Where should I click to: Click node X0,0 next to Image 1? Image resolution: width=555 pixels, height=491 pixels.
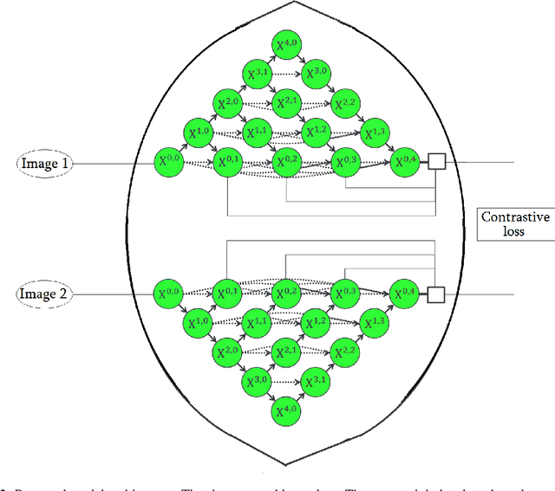[170, 162]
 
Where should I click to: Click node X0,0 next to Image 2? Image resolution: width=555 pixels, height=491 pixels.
[170, 294]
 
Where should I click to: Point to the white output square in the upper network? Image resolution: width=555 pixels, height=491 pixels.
[436, 162]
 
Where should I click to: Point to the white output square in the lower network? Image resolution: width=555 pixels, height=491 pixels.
[436, 294]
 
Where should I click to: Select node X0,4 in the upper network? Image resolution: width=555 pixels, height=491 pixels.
[405, 162]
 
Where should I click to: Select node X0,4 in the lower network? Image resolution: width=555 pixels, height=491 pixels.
[405, 294]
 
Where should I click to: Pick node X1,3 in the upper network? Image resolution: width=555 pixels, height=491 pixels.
[376, 133]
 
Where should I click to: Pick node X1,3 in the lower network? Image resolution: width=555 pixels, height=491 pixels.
[376, 323]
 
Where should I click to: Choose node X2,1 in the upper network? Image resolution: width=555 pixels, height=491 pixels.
[285, 105]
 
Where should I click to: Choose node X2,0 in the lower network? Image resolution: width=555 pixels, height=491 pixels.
[228, 352]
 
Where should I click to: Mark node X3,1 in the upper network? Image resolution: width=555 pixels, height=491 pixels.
[258, 76]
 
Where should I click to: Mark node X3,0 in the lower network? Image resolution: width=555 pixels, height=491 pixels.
[258, 380]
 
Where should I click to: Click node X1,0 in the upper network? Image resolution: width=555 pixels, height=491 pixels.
[199, 133]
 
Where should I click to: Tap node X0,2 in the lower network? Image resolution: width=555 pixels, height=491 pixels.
[285, 294]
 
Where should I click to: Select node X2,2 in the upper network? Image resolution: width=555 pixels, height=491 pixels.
[346, 105]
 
